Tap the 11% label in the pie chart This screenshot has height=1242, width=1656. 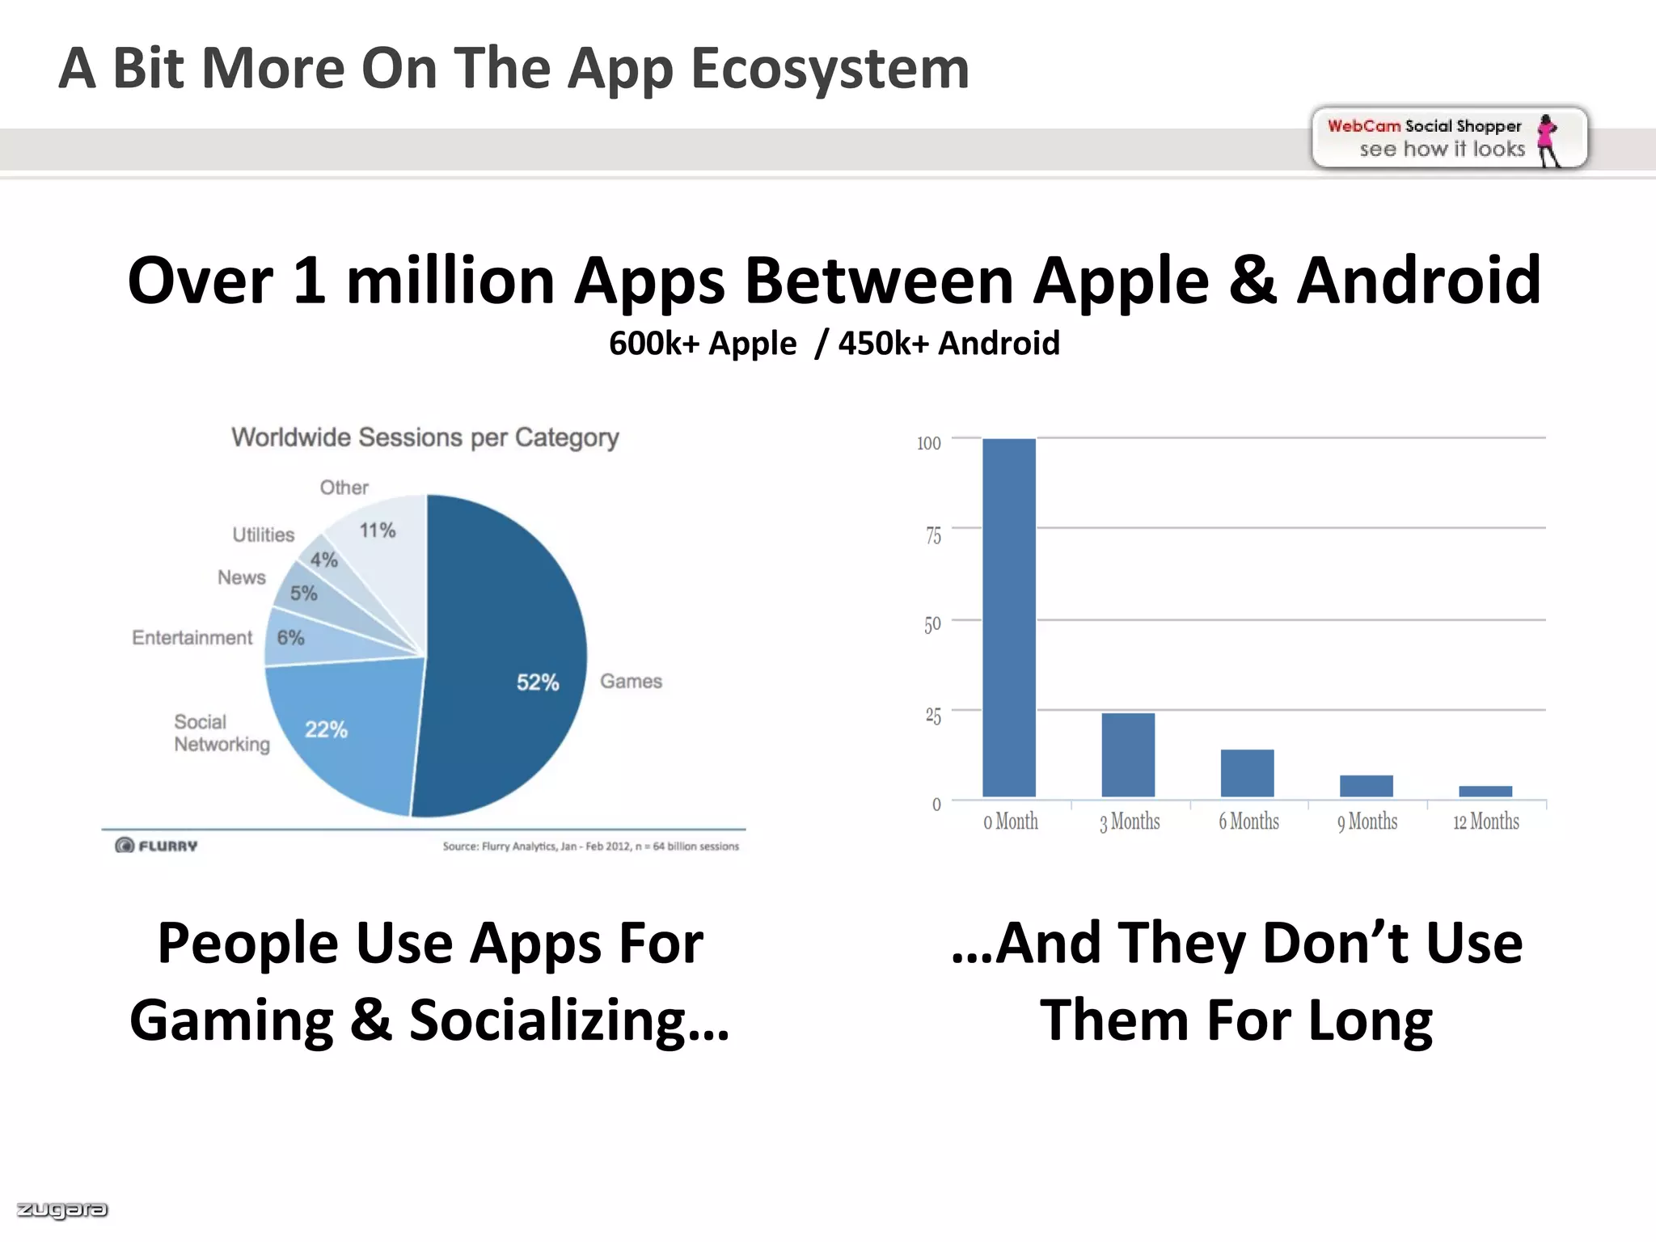tap(378, 530)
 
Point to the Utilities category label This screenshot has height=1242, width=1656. tap(264, 534)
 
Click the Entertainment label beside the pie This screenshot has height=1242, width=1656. tap(192, 638)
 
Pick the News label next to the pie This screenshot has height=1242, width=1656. tap(242, 577)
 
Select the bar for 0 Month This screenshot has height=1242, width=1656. tap(1009, 618)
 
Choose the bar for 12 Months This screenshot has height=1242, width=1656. tap(1485, 791)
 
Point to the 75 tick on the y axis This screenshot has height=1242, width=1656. tap(933, 535)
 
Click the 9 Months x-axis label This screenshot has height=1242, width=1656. tap(1367, 822)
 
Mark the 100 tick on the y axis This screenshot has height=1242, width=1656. tap(929, 443)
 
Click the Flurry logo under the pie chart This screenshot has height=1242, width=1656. tap(157, 846)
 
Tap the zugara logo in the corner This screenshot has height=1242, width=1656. tap(62, 1210)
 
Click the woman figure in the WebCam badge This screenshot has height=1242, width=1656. tap(1548, 139)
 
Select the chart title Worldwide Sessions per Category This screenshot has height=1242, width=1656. tap(425, 437)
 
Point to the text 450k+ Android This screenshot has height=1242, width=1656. tap(948, 343)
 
